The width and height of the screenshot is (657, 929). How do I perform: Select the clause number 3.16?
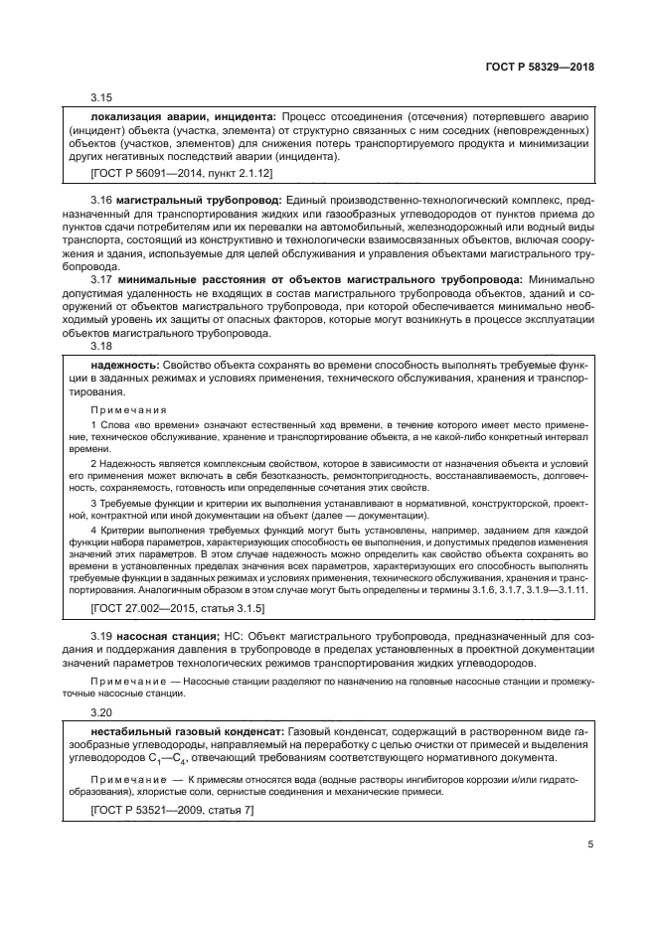101,200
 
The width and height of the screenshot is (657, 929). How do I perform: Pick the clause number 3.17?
101,281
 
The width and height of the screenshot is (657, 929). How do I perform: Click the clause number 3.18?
101,346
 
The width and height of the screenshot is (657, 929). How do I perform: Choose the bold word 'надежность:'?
122,367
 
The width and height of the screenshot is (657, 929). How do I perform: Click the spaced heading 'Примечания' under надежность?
128,409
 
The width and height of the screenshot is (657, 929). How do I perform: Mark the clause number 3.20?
101,712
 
